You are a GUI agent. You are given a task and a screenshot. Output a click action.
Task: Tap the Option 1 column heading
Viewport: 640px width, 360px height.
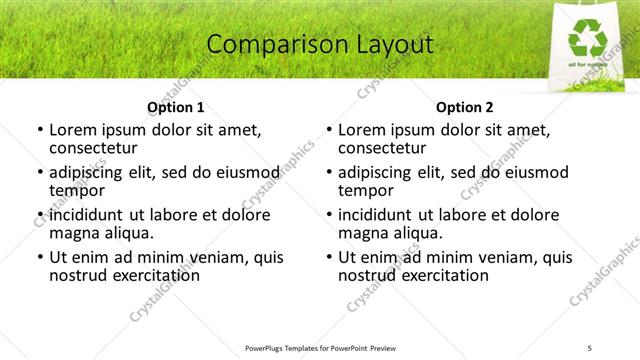click(x=176, y=107)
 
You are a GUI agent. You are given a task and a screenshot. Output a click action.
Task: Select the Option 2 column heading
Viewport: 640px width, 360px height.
click(x=465, y=107)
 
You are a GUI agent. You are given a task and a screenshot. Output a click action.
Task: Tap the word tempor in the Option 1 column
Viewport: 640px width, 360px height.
click(x=76, y=191)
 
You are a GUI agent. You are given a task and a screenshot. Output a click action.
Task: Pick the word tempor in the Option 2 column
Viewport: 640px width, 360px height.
click(x=365, y=191)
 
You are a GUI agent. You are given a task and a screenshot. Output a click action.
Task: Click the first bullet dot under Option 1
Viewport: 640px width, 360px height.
click(x=39, y=130)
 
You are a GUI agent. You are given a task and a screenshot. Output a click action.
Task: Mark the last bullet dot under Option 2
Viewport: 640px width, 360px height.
click(x=328, y=257)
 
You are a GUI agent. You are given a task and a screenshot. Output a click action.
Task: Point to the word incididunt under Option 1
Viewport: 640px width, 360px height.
click(x=86, y=215)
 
